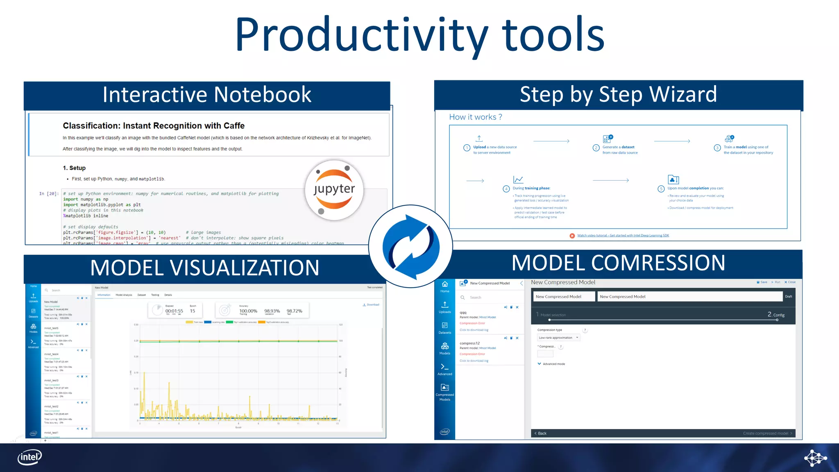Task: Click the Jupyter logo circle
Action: [x=334, y=190]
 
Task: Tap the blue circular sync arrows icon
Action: [x=411, y=247]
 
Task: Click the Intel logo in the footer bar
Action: [x=29, y=457]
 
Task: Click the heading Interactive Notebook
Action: [x=207, y=95]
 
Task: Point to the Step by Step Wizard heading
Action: [x=618, y=95]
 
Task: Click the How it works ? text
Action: [x=475, y=117]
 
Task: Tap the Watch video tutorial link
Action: [x=623, y=236]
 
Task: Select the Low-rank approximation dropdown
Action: [x=558, y=338]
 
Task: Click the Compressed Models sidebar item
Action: [x=445, y=392]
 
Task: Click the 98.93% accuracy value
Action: [x=272, y=311]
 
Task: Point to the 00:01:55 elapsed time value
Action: [x=174, y=311]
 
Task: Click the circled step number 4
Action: [x=506, y=189]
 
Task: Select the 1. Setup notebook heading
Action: [x=74, y=168]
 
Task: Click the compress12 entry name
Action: [x=469, y=343]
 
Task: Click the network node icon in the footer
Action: [x=815, y=458]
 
